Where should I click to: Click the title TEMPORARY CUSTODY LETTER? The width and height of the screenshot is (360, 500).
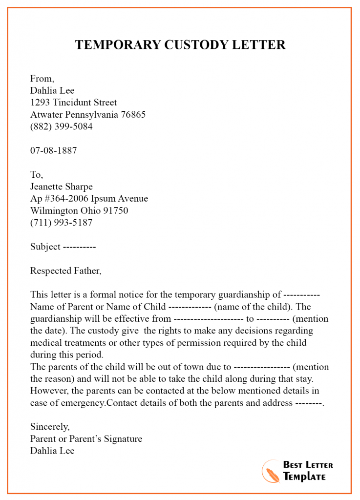(180, 45)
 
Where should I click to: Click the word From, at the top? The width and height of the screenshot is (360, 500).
(42, 78)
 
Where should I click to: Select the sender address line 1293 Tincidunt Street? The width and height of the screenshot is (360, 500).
(73, 103)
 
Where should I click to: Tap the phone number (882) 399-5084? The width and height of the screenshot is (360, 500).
(61, 126)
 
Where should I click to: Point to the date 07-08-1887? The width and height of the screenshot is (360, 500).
(53, 150)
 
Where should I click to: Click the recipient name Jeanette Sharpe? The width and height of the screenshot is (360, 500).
(61, 187)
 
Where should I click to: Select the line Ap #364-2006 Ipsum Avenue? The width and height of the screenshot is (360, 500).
(89, 199)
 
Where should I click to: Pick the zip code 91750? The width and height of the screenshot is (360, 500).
(116, 211)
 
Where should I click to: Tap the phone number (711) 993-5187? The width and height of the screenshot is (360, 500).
(61, 223)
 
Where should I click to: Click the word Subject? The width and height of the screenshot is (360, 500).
(45, 247)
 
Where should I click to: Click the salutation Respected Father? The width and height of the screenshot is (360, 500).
(66, 271)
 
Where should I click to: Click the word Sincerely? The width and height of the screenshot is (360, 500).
(49, 427)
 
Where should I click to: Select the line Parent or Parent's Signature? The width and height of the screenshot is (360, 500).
(86, 438)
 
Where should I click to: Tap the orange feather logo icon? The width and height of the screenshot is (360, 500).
(271, 471)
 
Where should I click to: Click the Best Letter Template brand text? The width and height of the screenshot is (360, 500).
(307, 471)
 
